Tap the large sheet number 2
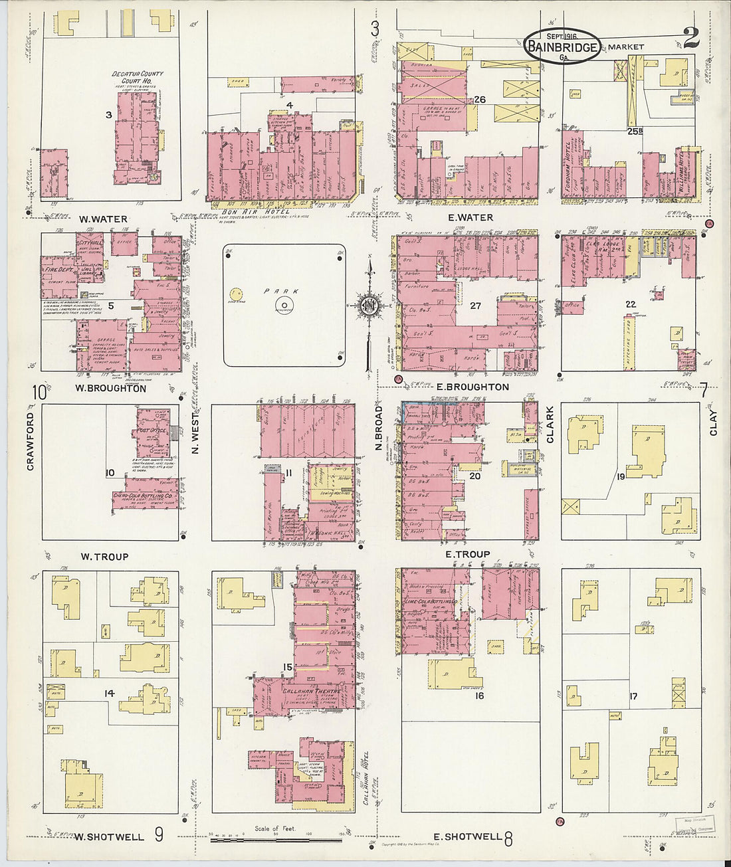(690, 39)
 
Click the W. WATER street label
(103, 219)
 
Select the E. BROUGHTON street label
(468, 387)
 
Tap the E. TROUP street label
(467, 554)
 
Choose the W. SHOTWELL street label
(110, 836)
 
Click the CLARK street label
(550, 425)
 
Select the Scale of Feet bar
(276, 840)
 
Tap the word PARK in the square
(281, 291)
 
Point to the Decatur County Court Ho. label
(137, 77)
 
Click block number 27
(475, 306)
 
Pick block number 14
(109, 693)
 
